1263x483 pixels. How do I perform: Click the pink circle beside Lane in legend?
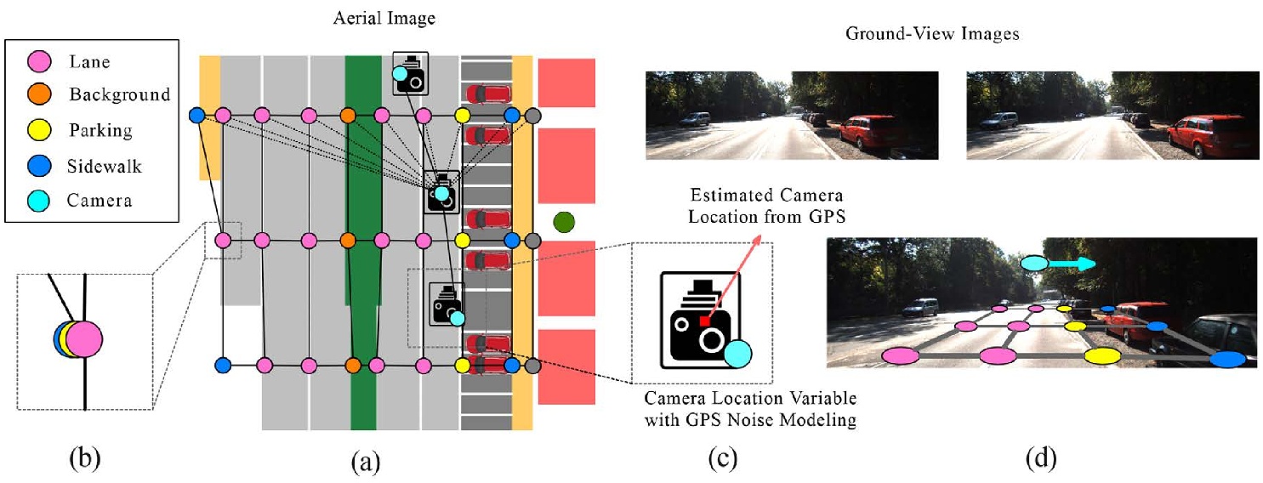click(39, 60)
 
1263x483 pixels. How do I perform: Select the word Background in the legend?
click(120, 94)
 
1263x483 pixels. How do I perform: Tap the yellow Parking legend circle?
click(39, 130)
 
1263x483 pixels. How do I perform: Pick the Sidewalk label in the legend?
click(105, 166)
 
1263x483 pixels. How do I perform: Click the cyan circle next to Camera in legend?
click(39, 201)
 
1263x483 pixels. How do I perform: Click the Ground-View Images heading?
click(933, 35)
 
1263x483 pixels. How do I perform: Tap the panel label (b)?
click(84, 460)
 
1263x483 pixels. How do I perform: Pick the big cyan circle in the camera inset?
click(738, 353)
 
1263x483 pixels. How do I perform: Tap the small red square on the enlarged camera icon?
click(704, 321)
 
